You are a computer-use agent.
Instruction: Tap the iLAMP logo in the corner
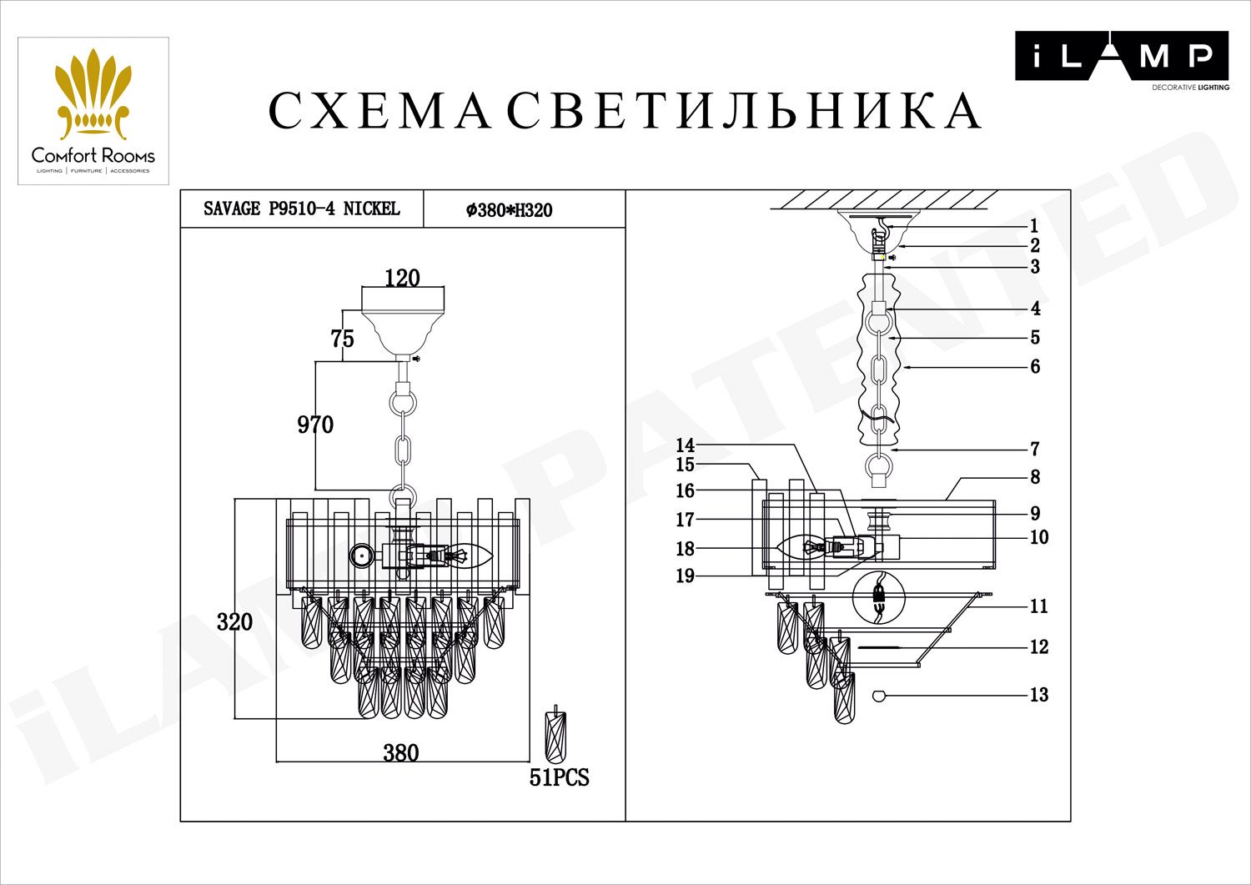(1121, 57)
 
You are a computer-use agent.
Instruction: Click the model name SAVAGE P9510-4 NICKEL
(302, 209)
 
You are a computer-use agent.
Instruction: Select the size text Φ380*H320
(510, 210)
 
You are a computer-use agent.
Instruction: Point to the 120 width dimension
(402, 278)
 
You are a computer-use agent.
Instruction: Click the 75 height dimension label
(342, 339)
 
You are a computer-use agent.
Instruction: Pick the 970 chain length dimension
(315, 425)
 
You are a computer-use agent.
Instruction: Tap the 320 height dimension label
(234, 621)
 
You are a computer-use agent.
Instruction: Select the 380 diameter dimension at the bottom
(400, 752)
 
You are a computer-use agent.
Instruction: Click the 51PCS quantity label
(559, 777)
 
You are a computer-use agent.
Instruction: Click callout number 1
(1034, 225)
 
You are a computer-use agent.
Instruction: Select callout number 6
(1035, 366)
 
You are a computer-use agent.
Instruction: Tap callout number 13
(1038, 695)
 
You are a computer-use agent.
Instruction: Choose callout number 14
(685, 445)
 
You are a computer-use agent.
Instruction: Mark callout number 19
(685, 576)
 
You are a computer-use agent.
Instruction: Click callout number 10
(1038, 537)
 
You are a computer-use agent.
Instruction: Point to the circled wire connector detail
(877, 597)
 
